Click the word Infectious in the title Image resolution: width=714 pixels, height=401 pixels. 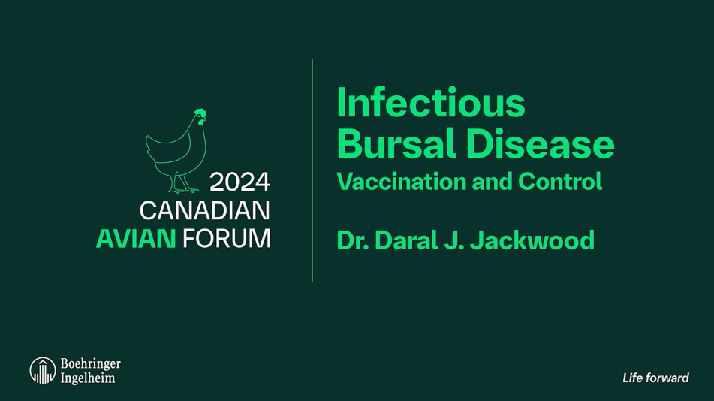[x=431, y=103]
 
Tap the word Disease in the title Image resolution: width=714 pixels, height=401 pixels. [x=540, y=143]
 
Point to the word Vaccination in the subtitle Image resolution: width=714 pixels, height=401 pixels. [x=402, y=182]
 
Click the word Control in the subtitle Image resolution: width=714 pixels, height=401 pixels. [x=560, y=182]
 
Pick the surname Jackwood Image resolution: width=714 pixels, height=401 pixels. [x=532, y=240]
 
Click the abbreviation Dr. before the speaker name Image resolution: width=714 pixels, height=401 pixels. [x=353, y=240]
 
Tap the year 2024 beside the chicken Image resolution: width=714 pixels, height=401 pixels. [x=240, y=182]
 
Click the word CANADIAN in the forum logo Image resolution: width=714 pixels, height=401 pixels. [x=205, y=210]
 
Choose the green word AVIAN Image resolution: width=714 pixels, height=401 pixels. [x=136, y=238]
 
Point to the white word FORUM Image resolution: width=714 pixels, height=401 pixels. [x=227, y=238]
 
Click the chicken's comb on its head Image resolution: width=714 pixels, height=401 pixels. [x=200, y=112]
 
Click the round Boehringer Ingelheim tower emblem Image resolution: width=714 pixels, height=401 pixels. [x=43, y=370]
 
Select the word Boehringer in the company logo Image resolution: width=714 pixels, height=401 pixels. [x=91, y=363]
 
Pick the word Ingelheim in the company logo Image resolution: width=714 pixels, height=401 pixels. [x=88, y=378]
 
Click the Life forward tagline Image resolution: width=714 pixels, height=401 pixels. [x=655, y=378]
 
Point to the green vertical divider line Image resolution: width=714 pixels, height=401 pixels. [x=312, y=170]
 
